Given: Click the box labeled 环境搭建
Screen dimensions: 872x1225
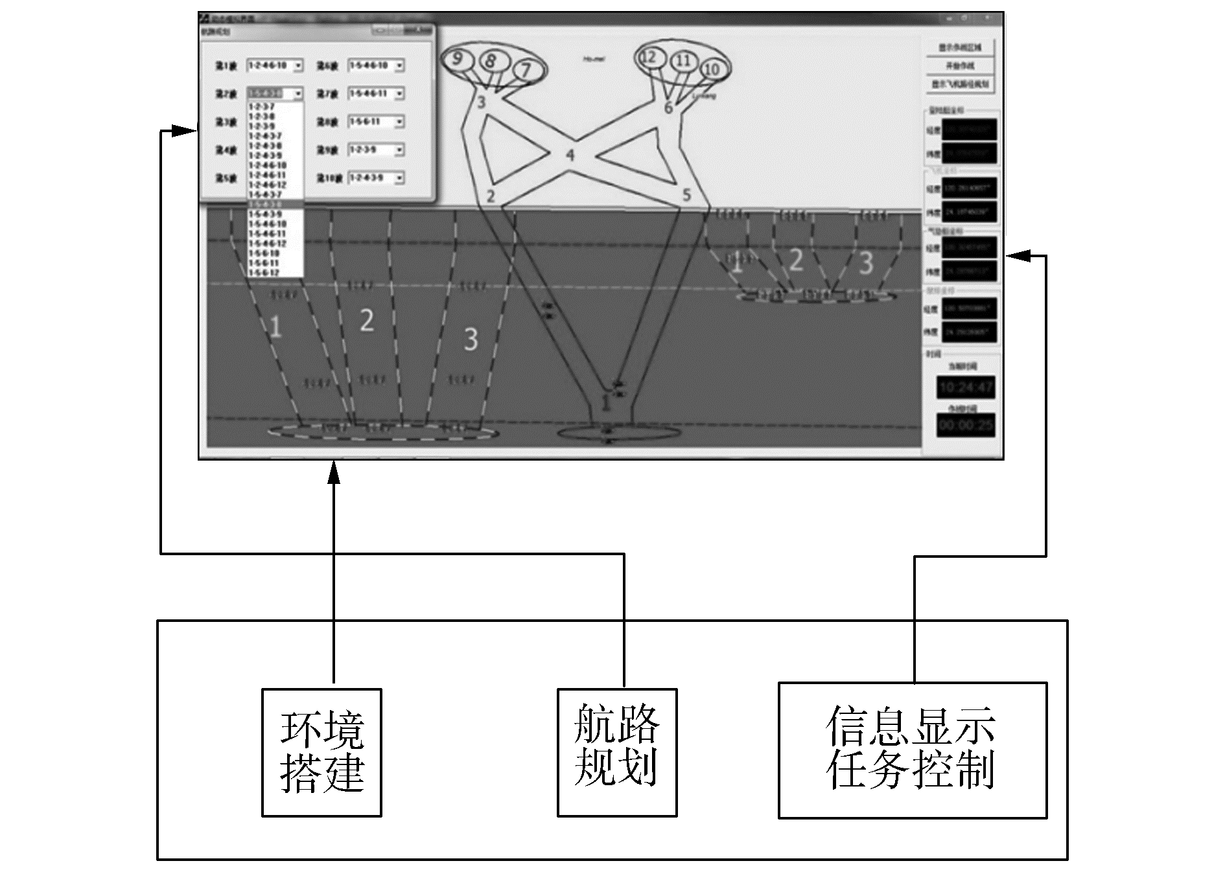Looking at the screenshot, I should (321, 752).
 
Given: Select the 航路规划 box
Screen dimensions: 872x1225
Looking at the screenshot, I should (617, 752).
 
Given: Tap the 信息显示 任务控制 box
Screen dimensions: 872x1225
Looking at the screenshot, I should (912, 750).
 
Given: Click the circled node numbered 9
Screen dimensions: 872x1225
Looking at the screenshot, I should (458, 59).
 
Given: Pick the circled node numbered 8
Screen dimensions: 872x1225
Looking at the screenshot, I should (491, 62).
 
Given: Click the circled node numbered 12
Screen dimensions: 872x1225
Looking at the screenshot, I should (649, 57).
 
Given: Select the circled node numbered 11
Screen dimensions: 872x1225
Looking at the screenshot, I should (683, 61).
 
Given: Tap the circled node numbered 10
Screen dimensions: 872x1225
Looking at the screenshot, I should (712, 69).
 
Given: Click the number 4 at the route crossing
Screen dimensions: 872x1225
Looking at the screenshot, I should (570, 155).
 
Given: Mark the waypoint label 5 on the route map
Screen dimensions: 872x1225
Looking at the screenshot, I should (686, 195).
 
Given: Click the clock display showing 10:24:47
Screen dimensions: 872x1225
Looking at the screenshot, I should (966, 387).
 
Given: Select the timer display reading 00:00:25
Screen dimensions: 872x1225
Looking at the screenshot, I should (966, 425).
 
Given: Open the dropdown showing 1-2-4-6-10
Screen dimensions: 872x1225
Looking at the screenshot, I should (275, 65).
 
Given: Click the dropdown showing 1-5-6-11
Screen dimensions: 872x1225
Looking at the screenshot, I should (376, 122).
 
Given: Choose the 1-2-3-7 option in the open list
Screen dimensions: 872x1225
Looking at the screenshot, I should (262, 107).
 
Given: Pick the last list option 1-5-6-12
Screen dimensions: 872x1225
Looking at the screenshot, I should (264, 273).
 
